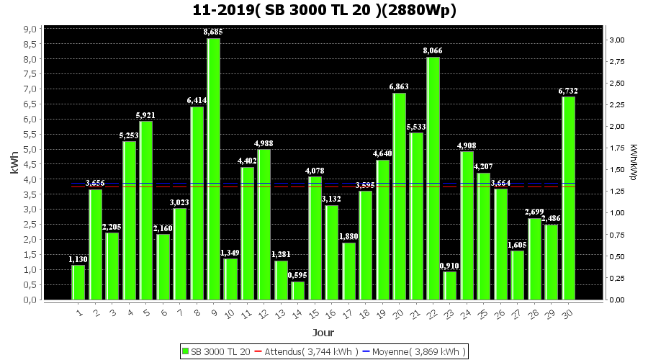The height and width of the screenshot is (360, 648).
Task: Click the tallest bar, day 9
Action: coord(213,169)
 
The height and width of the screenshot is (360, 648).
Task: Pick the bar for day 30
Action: coord(568,198)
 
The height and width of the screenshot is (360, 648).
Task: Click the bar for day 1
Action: coord(78,282)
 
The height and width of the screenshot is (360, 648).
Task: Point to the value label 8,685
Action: coord(213,32)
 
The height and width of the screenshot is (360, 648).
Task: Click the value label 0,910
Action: coord(449,266)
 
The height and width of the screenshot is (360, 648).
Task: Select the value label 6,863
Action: coord(399,86)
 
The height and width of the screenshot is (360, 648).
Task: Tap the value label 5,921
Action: coord(145,115)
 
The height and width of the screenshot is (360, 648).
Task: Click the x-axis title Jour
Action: coord(323,332)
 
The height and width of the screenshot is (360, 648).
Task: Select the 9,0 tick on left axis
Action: coord(30,29)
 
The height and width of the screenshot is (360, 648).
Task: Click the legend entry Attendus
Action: coord(311,351)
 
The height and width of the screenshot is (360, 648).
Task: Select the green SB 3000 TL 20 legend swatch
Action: coord(186,351)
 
